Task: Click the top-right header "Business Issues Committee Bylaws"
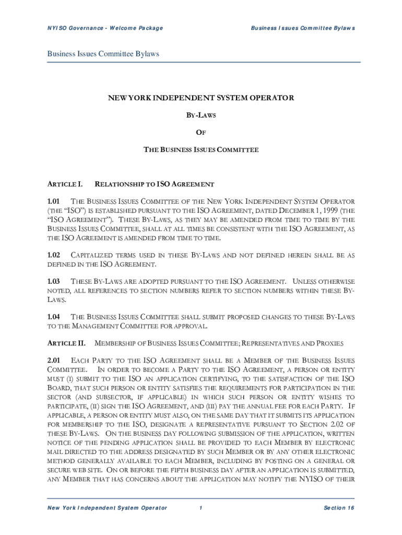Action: coord(303,28)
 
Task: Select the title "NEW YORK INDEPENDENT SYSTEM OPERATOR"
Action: coord(201,98)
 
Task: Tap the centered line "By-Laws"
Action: coord(201,115)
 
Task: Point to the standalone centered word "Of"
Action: coord(201,132)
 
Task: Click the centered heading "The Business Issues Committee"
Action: coord(201,150)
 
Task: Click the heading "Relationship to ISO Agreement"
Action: coord(154,184)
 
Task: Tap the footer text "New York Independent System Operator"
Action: coord(107,508)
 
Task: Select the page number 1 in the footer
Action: coord(200,508)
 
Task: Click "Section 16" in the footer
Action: coord(339,508)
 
